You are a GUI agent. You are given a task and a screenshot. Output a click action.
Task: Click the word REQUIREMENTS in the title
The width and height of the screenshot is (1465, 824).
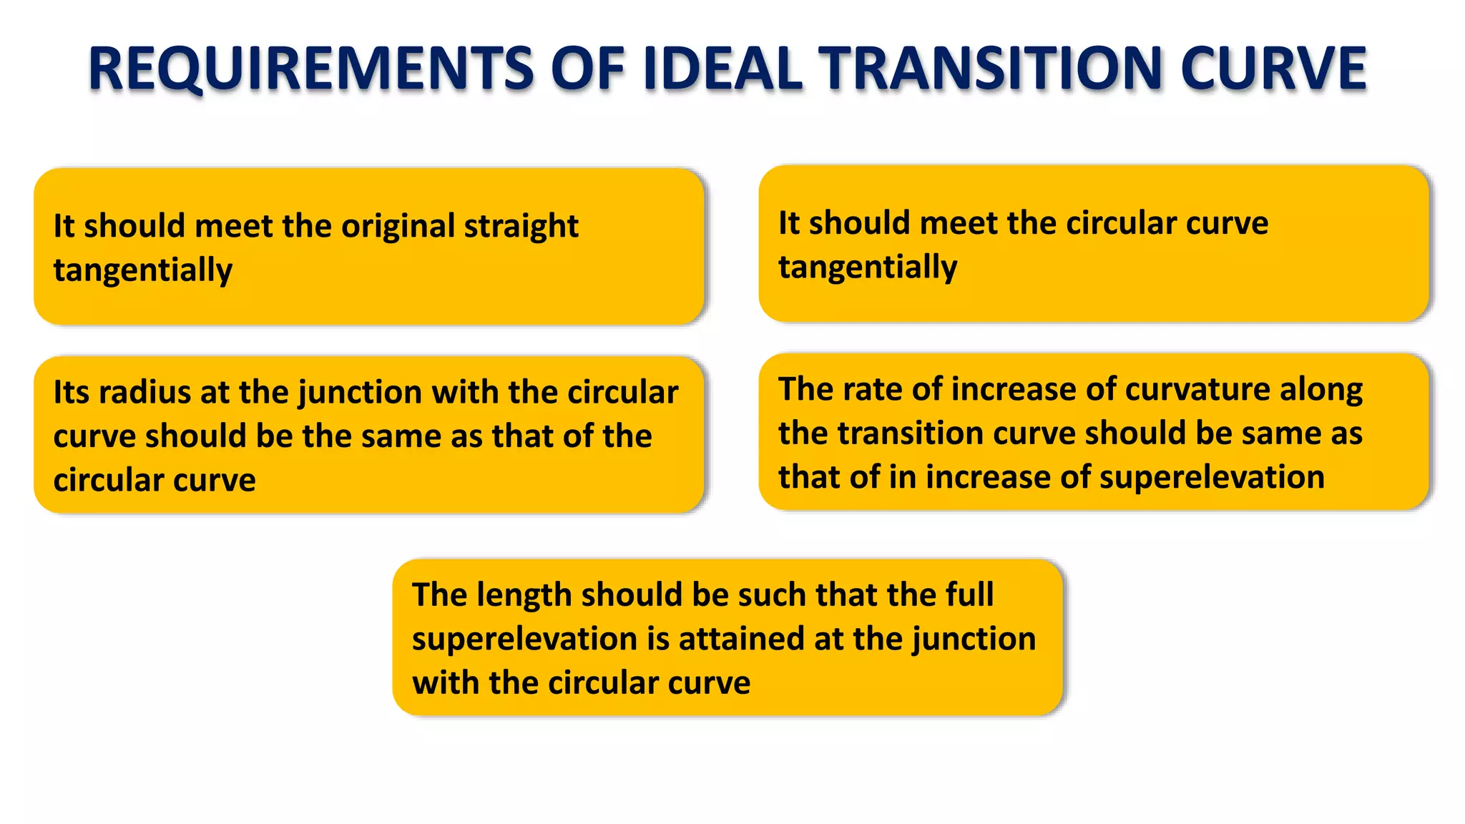click(311, 69)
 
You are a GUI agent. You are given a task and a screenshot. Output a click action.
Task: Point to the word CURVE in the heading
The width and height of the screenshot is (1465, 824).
click(1273, 69)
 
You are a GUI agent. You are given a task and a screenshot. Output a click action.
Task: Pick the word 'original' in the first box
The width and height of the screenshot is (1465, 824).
click(398, 227)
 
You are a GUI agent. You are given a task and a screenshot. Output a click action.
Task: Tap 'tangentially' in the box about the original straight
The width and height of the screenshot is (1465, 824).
click(143, 271)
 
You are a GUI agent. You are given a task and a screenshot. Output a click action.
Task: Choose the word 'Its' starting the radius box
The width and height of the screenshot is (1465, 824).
click(72, 392)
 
